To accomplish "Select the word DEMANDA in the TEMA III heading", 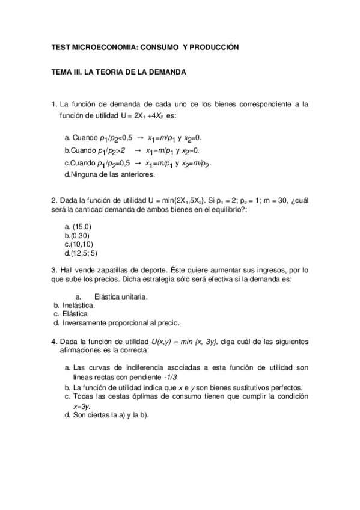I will coord(163,72).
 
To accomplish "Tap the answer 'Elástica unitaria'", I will coord(121,296).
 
